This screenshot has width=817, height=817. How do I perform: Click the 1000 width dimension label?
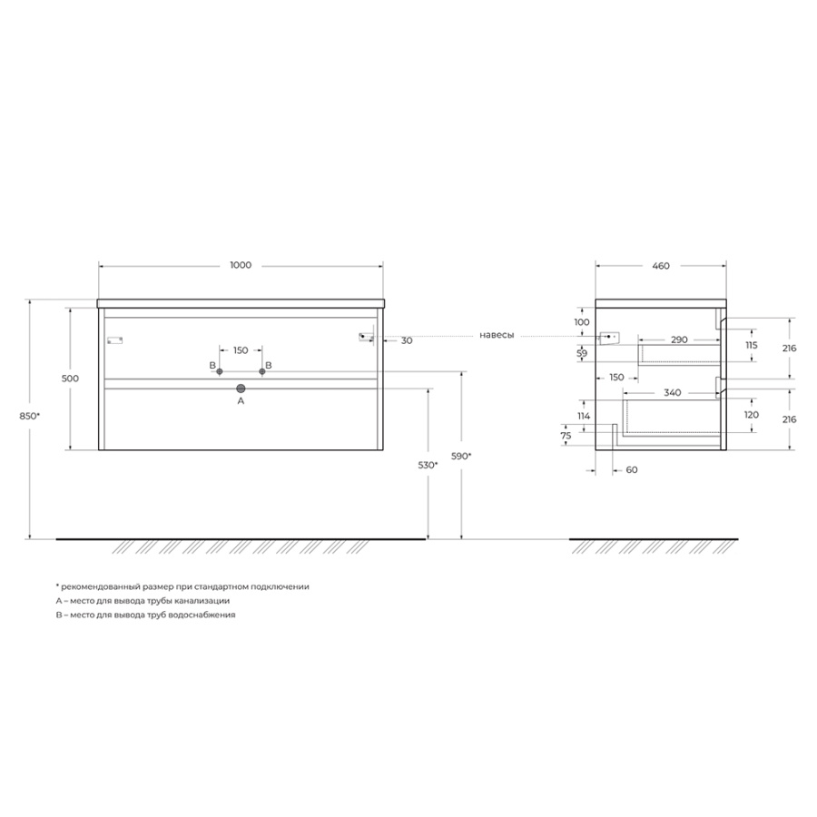click(241, 265)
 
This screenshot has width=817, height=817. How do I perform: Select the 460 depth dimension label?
click(661, 266)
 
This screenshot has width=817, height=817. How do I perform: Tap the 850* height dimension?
click(29, 416)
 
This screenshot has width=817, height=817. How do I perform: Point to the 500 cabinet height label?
click(70, 379)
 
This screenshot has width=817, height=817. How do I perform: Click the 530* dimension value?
click(428, 466)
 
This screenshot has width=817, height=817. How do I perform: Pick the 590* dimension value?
click(462, 457)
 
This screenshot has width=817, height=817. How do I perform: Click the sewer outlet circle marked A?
click(241, 389)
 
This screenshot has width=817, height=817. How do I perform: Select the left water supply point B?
click(220, 371)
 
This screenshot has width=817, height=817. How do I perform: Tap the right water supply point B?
click(262, 371)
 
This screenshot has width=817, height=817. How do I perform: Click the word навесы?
click(497, 335)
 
